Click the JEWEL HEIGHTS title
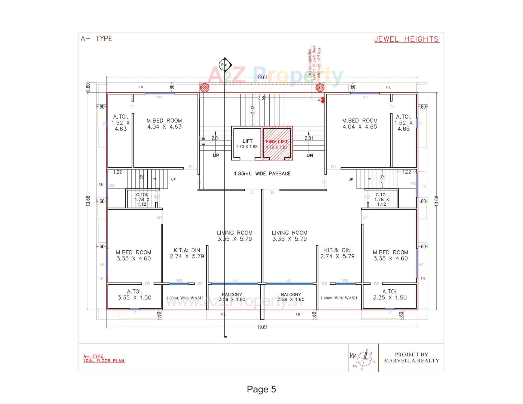tap(407, 39)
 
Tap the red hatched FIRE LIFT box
tap(277, 143)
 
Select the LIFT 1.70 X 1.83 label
tap(247, 144)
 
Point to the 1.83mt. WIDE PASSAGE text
tap(262, 174)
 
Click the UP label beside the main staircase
tap(216, 155)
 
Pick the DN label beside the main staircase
tap(310, 155)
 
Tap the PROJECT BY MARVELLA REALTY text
tap(411, 358)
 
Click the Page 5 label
tap(261, 389)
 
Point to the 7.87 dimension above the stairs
tap(262, 98)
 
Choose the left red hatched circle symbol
tap(205, 88)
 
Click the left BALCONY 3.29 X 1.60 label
tap(232, 297)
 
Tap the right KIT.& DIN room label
tap(337, 253)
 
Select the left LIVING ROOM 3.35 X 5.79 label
tap(235, 236)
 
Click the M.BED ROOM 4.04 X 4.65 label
tap(360, 124)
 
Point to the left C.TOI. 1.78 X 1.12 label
tap(142, 199)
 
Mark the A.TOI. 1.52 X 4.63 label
tap(120, 123)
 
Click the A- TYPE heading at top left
tap(97, 39)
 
